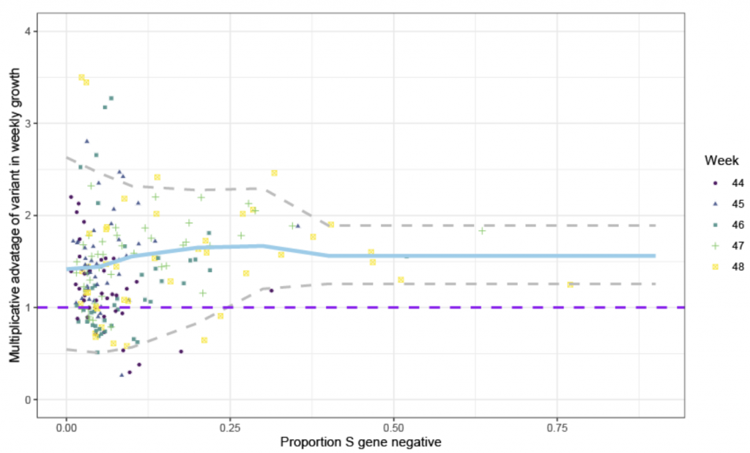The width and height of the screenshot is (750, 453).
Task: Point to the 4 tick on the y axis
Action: coord(28,31)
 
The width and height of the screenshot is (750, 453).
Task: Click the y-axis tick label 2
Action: coord(28,216)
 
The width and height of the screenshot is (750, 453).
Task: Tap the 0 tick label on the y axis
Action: coord(28,399)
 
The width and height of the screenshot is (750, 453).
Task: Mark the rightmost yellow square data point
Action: coord(571,284)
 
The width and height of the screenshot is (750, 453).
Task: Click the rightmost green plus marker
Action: coord(482,231)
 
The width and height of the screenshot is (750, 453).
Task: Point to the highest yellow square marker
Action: coord(81,78)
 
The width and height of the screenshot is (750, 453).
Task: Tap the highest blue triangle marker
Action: coord(86,141)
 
